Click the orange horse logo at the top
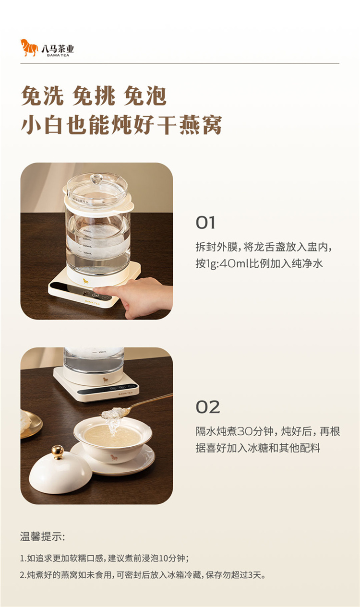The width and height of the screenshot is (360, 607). coord(29,48)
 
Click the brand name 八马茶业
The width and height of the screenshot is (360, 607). coord(58,48)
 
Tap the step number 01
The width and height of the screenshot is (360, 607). coord(205,223)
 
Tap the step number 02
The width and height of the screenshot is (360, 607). coord(208,407)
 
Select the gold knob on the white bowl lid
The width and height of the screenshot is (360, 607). coord(58,452)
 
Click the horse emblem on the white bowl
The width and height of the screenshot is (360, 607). coord(114,458)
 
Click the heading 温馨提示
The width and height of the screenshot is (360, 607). coord(42,536)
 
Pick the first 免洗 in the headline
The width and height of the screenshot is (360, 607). coord(42,96)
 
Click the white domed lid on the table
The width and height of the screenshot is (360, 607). coord(60,471)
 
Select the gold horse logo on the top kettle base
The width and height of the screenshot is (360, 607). coord(86,281)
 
